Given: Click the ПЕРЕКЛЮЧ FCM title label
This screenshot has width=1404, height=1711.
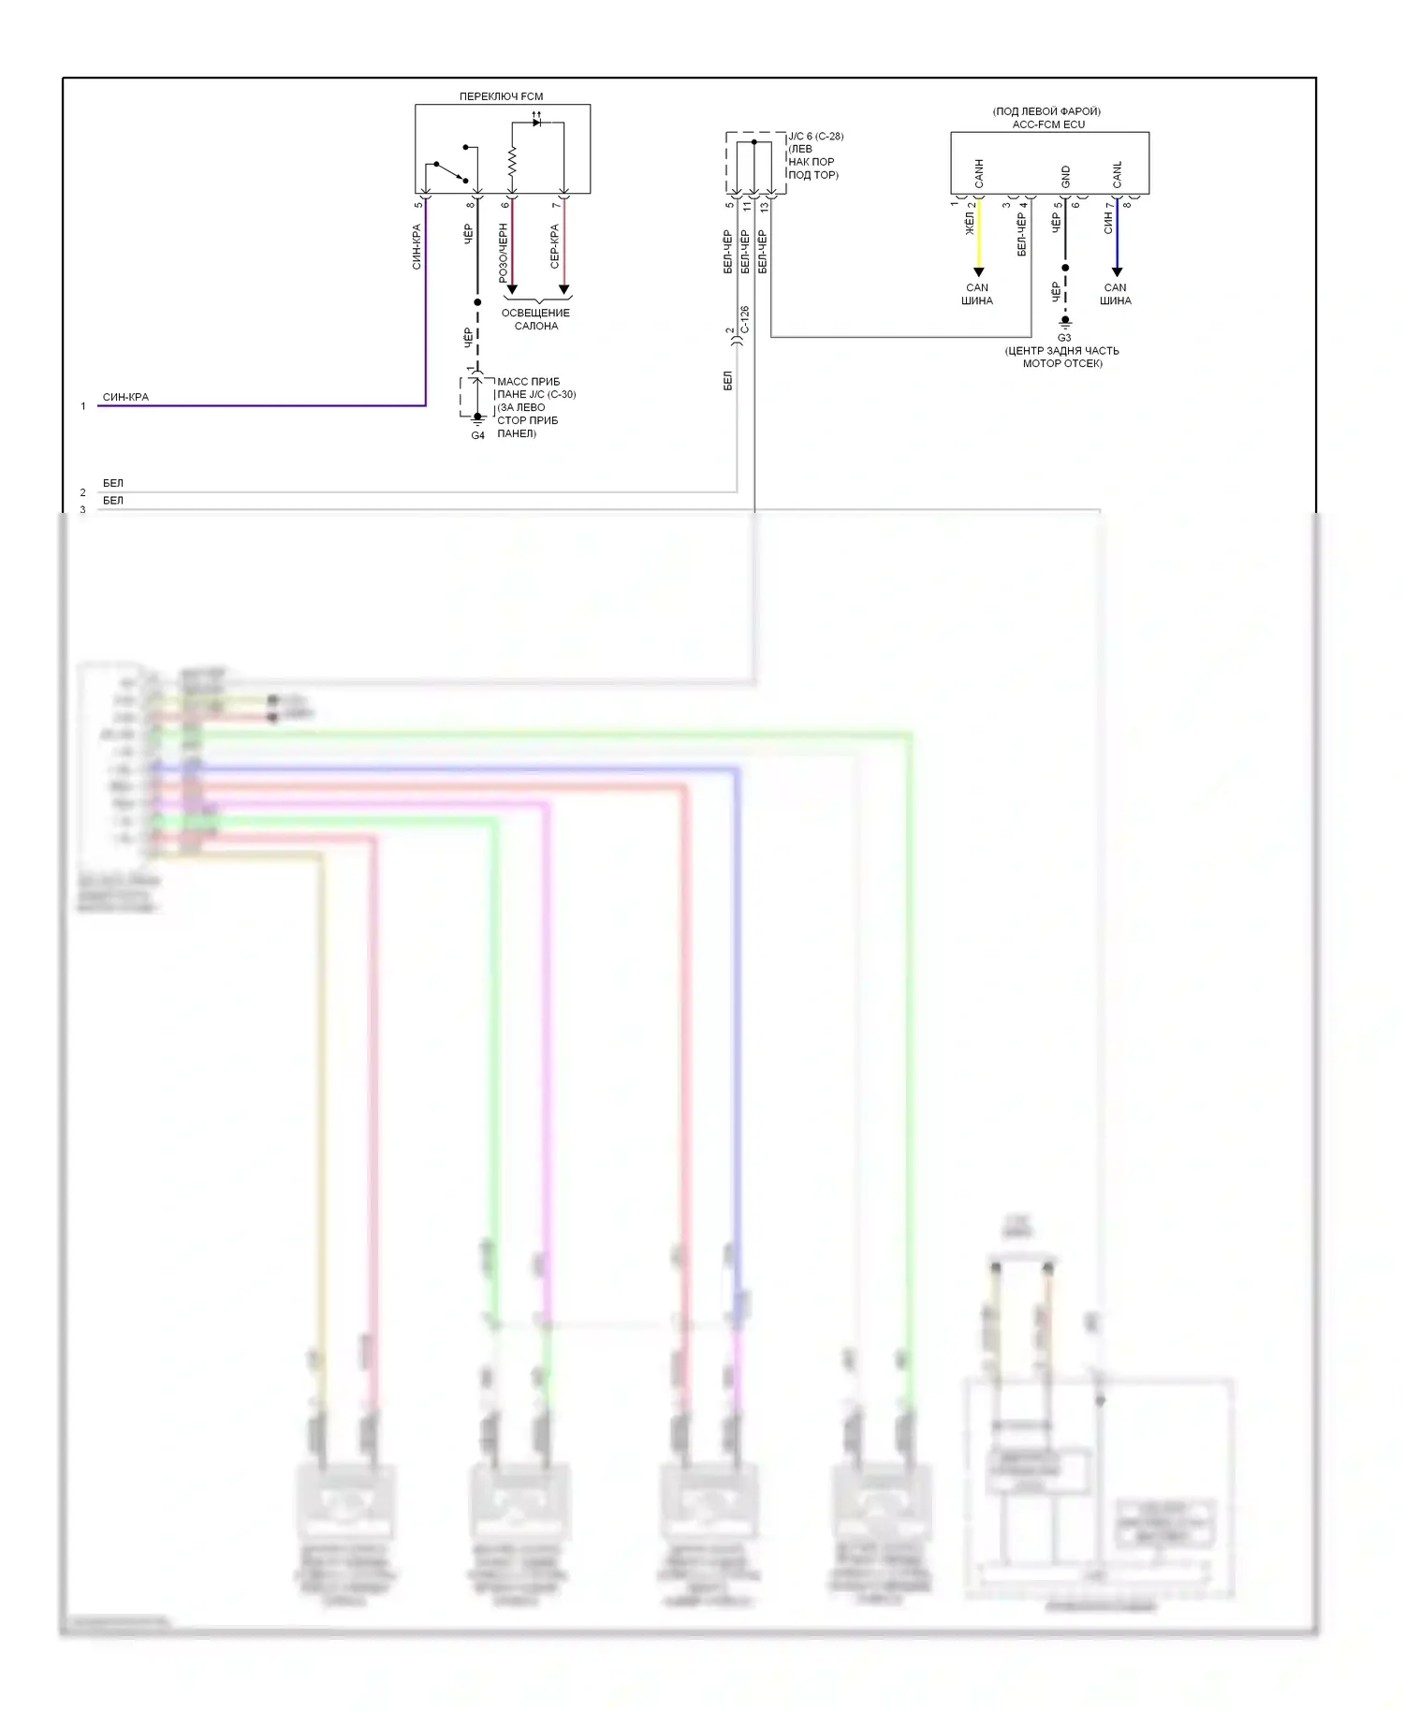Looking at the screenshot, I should click(x=501, y=96).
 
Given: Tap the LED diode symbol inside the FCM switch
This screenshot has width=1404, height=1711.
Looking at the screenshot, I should click(x=536, y=123).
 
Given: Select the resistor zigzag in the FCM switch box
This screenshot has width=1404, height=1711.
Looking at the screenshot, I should click(x=512, y=160).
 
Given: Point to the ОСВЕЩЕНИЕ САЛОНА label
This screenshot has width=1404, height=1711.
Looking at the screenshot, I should click(x=535, y=319).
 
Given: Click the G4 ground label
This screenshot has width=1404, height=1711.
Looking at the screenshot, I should click(x=477, y=435).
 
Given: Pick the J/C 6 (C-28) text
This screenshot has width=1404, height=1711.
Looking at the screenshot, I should click(x=815, y=137).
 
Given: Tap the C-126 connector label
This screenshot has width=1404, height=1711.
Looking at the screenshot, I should click(x=745, y=319).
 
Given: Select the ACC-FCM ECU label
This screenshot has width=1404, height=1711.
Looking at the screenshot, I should click(x=1048, y=124).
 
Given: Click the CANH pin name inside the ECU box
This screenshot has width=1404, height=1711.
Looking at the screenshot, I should click(x=979, y=173).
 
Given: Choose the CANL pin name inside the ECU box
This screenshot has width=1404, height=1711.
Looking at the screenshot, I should click(x=1117, y=174).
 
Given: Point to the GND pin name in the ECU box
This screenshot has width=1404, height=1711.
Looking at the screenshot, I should click(x=1065, y=176).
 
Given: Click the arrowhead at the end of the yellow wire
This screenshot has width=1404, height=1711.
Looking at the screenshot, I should click(x=979, y=272).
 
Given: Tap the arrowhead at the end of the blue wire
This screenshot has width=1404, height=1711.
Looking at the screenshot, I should click(x=1117, y=272).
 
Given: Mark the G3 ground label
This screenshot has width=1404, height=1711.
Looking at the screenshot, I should click(x=1064, y=338).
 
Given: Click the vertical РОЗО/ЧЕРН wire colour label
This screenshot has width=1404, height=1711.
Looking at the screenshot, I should click(x=504, y=253).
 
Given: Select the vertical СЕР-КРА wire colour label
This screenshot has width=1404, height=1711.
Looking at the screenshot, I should click(x=555, y=245).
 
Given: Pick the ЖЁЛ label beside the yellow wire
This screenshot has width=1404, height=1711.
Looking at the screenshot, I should click(x=970, y=223).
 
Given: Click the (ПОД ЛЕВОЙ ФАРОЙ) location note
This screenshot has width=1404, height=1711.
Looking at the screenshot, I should click(x=1046, y=111).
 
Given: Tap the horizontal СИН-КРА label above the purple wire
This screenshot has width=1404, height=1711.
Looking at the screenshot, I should click(x=125, y=397).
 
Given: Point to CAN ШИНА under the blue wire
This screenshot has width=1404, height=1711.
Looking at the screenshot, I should click(x=1116, y=294).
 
